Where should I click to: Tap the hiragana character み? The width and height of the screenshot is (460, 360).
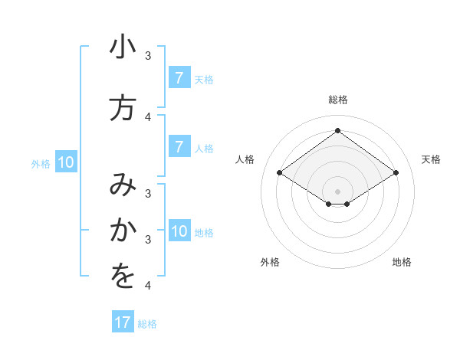[x=123, y=185]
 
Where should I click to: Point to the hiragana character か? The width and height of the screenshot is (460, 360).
[x=123, y=230]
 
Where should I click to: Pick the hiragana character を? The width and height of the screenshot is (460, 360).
[x=123, y=277]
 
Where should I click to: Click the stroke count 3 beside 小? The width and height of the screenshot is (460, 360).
[x=148, y=56]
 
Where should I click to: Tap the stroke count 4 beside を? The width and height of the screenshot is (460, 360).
[x=148, y=286]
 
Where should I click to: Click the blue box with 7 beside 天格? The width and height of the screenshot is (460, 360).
[x=179, y=78]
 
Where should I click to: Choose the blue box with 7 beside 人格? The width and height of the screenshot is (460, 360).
[x=179, y=146]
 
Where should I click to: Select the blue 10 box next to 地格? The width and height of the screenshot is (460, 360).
[x=179, y=231]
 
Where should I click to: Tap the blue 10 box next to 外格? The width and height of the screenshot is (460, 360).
[x=66, y=162]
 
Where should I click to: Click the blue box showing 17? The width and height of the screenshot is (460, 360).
[x=123, y=322]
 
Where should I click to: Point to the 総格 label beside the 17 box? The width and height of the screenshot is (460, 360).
[x=148, y=324]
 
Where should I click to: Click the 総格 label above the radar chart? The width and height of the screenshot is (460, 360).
[x=337, y=100]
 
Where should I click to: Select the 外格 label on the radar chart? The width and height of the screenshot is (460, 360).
[x=270, y=262]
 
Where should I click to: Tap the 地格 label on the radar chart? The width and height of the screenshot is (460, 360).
[x=402, y=262]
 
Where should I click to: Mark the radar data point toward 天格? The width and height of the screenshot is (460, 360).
[x=396, y=173]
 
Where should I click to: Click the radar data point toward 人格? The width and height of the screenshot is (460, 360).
[x=280, y=173]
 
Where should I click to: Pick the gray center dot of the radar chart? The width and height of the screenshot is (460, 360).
[x=337, y=191]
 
